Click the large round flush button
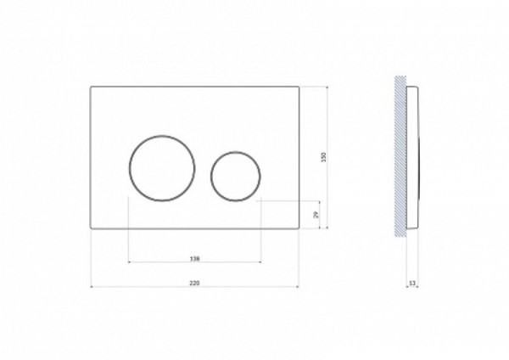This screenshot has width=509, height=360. (x=163, y=168)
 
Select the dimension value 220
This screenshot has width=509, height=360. (x=195, y=280)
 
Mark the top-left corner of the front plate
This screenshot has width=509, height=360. (x=91, y=87)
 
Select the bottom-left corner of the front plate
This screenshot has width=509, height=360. (x=91, y=228)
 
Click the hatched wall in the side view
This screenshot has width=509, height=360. (x=400, y=157)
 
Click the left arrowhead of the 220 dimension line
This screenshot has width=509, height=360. (x=92, y=286)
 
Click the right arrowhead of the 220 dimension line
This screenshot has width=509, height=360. (x=299, y=286)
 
